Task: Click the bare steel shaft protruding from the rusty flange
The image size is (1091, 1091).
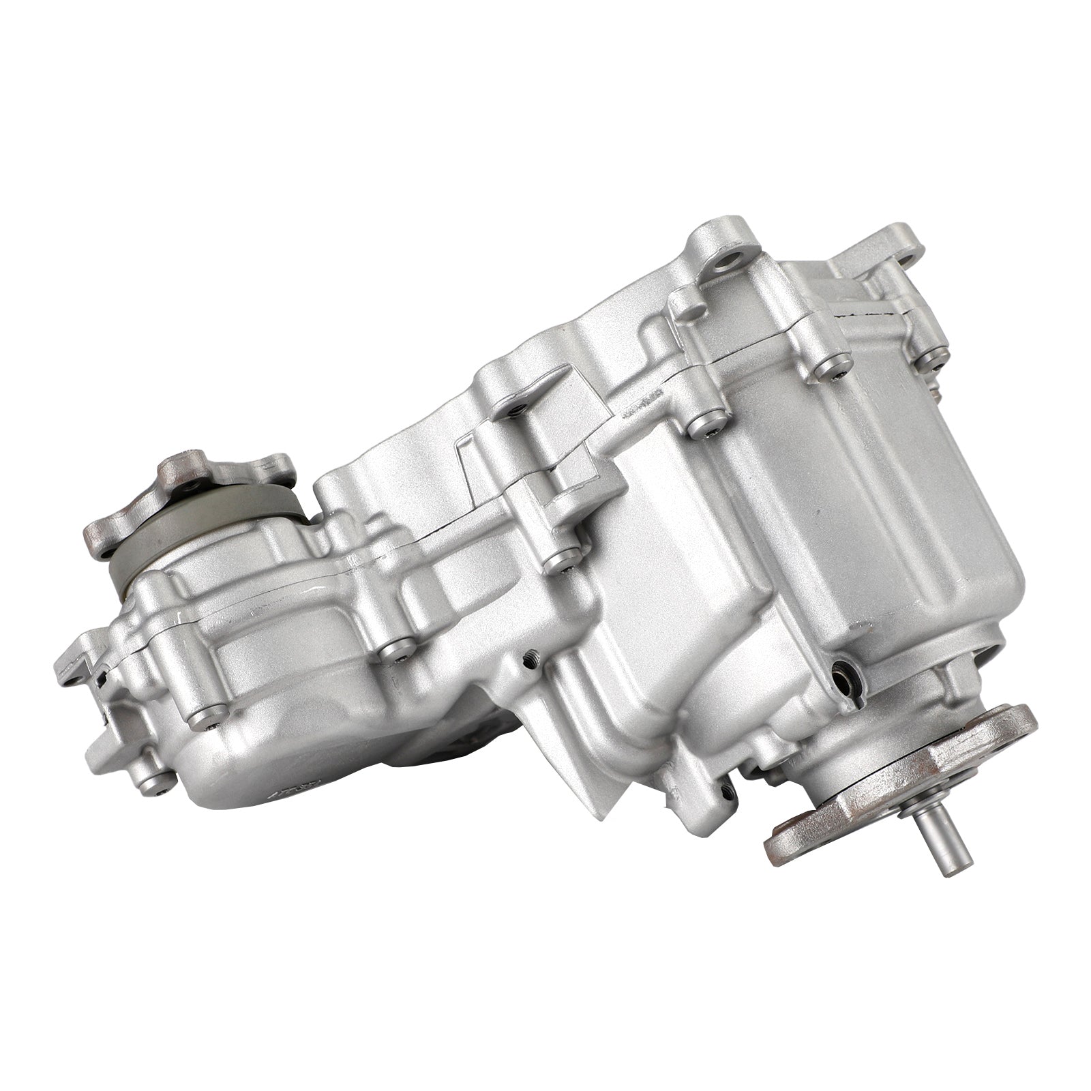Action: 935,850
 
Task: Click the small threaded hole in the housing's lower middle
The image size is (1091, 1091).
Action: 530,659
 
